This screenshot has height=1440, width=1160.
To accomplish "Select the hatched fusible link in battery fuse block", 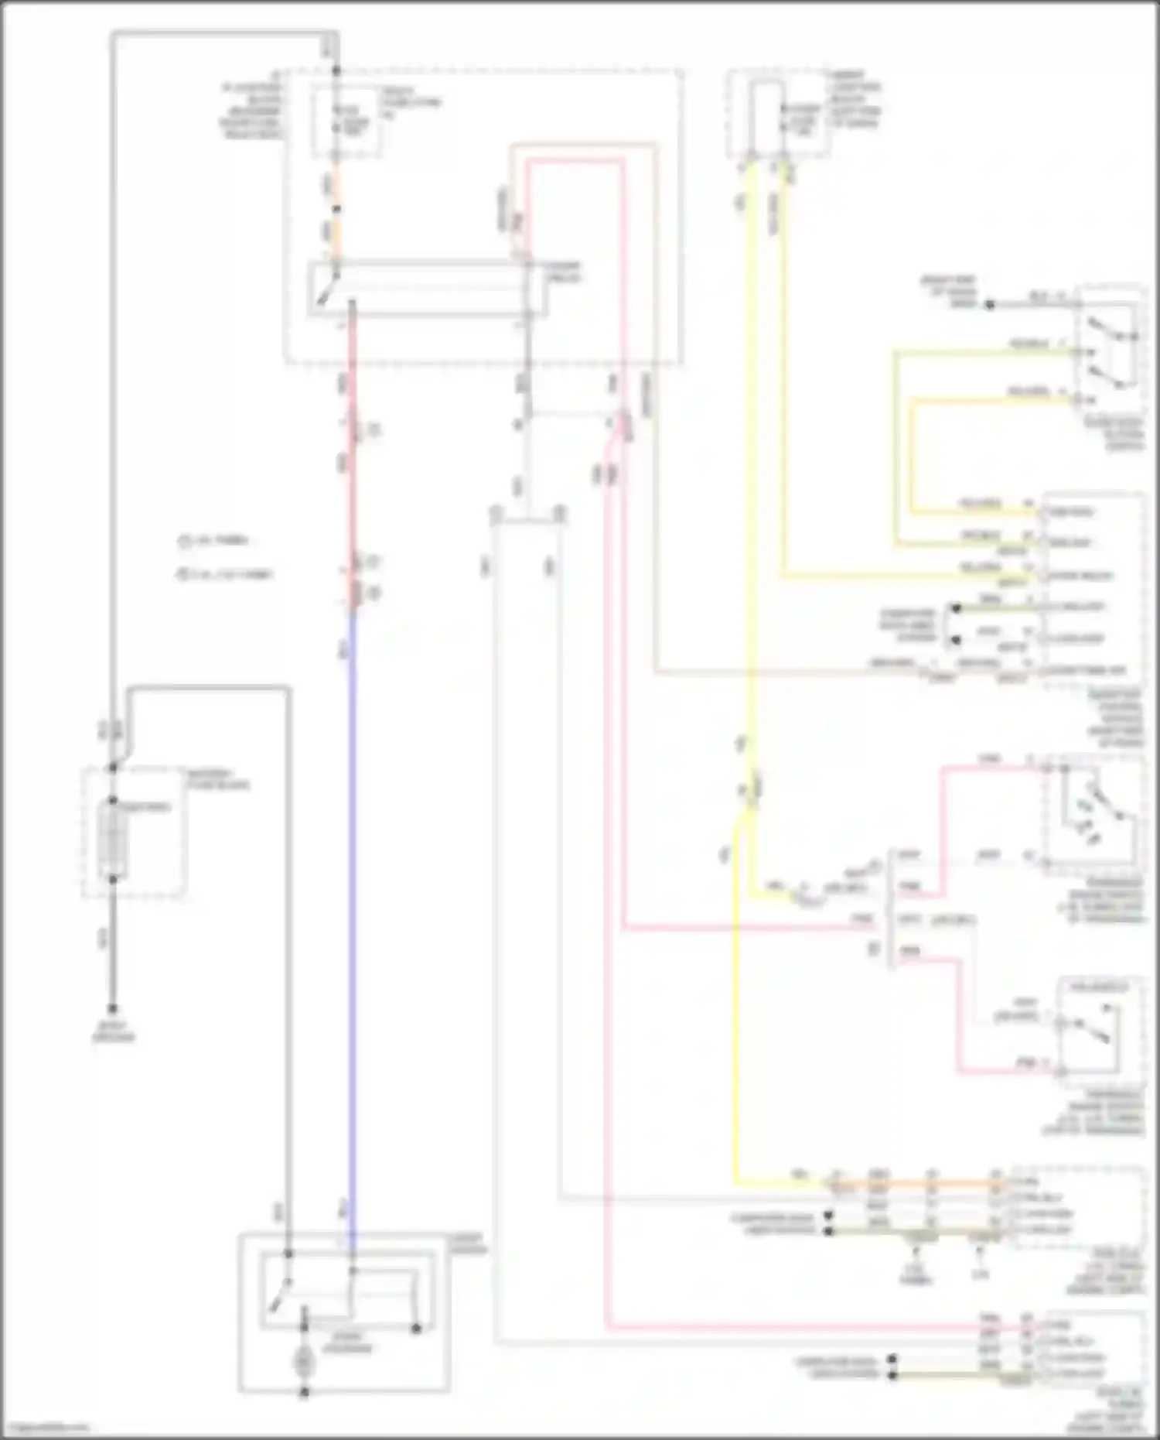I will (113, 840).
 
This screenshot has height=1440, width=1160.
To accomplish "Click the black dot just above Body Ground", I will (113, 1009).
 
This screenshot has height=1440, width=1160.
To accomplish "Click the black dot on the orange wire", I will (336, 209).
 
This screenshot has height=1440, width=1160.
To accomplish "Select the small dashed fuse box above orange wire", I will (345, 124).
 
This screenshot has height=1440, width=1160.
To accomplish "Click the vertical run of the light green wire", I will (896, 449).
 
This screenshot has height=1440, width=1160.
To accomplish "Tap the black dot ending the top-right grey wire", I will (989, 305).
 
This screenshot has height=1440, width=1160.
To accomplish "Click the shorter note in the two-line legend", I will (217, 541).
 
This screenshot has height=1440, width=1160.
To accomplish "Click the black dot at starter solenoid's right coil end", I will (416, 1329).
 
